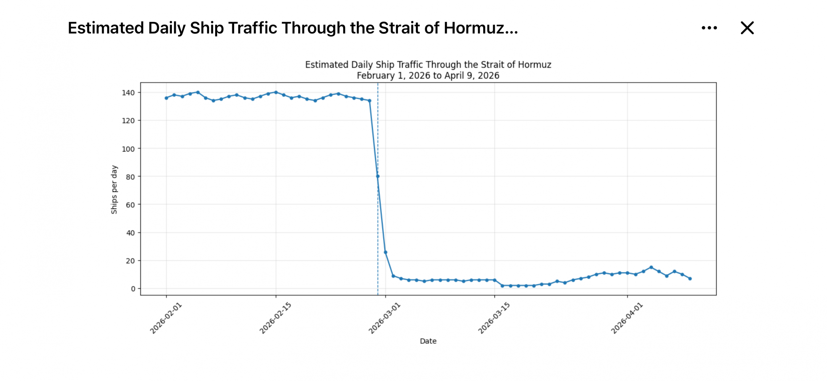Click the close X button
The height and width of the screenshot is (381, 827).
pyautogui.click(x=747, y=28)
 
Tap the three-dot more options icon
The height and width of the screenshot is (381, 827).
pyautogui.click(x=709, y=28)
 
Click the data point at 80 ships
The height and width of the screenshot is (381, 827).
pyautogui.click(x=377, y=176)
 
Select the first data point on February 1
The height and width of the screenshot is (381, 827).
pyautogui.click(x=166, y=98)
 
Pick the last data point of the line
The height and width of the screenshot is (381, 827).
pyautogui.click(x=690, y=278)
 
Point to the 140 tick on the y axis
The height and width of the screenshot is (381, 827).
pyautogui.click(x=128, y=93)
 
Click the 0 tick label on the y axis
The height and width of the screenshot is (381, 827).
pyautogui.click(x=133, y=289)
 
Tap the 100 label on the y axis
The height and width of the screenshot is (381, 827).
pyautogui.click(x=128, y=149)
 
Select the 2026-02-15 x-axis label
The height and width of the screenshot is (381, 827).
pyautogui.click(x=275, y=318)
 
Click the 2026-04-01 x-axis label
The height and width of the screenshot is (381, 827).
pyautogui.click(x=627, y=318)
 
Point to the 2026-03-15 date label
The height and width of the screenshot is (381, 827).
pyautogui.click(x=494, y=318)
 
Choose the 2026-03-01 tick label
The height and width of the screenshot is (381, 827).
pyautogui.click(x=384, y=318)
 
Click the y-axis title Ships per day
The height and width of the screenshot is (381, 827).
pyautogui.click(x=114, y=190)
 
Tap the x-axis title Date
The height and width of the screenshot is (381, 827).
pyautogui.click(x=428, y=341)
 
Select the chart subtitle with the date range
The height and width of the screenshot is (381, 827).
pyautogui.click(x=428, y=76)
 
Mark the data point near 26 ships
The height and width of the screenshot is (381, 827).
pyautogui.click(x=385, y=252)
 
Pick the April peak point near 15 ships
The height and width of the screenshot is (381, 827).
pyautogui.click(x=651, y=267)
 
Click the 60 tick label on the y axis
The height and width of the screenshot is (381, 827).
pyautogui.click(x=130, y=205)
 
